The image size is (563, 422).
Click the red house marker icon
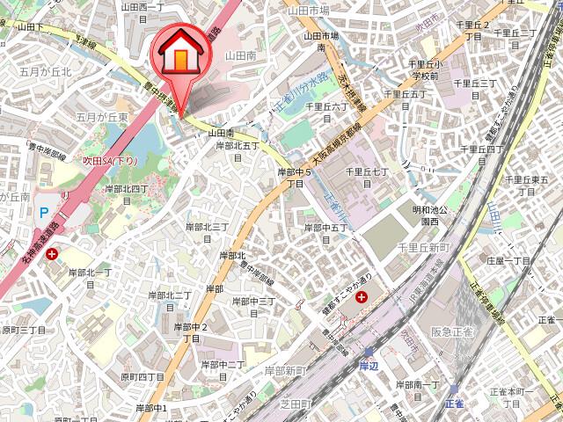[x=179, y=55]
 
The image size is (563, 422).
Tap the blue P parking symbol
[x=44, y=212]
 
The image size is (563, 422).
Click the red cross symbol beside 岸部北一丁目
[x=54, y=254]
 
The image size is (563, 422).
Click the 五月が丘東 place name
[x=102, y=116]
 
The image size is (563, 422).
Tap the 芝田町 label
[x=296, y=404]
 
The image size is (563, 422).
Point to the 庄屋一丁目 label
[x=509, y=261]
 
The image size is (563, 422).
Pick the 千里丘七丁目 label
[x=367, y=178]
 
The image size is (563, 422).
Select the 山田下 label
[x=28, y=27]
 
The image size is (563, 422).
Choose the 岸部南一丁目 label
[x=416, y=390]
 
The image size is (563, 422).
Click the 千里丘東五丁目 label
[x=528, y=186]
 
